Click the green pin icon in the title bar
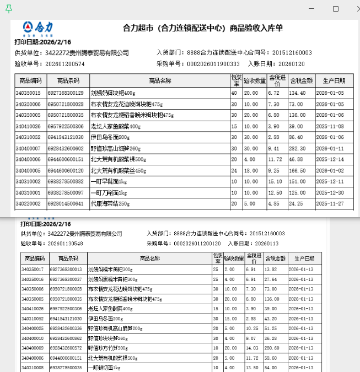click(x=9, y=9)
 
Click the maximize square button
click(x=336, y=9)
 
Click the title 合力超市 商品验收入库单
click(x=202, y=28)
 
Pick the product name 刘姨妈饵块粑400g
click(x=113, y=93)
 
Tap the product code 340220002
click(x=28, y=203)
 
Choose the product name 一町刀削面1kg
click(x=109, y=192)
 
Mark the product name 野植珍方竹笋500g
click(x=108, y=348)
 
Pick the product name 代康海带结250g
click(x=111, y=203)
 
